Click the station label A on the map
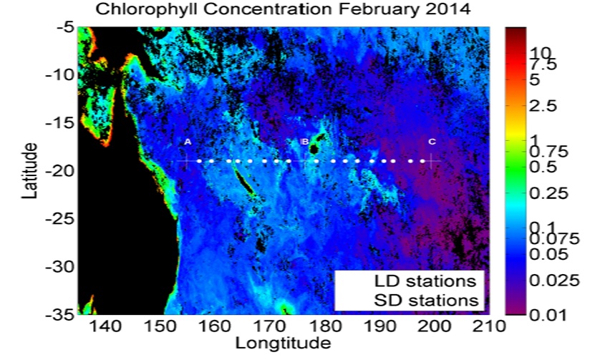[188, 142]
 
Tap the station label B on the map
[305, 142]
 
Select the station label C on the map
[432, 142]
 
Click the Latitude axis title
[29, 170]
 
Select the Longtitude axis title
[283, 343]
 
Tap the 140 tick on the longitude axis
[105, 326]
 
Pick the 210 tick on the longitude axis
[489, 326]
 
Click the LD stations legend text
[425, 281]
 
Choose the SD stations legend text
[426, 301]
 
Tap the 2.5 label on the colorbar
[543, 106]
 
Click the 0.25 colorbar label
[548, 193]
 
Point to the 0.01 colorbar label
[548, 314]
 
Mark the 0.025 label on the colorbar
[554, 281]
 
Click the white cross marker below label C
[430, 161]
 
